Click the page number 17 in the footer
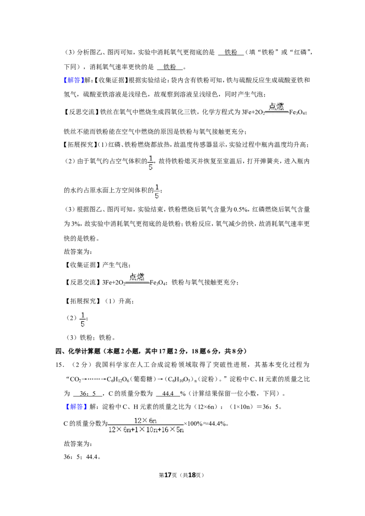point(168,475)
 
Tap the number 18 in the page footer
point(192,475)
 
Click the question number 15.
point(59,365)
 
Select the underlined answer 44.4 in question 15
point(168,393)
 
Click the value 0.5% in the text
point(240,209)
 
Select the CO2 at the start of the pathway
point(75,379)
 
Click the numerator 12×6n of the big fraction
point(145,420)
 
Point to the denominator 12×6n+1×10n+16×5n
point(146,429)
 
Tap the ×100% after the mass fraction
point(193,423)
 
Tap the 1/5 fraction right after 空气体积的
point(151,163)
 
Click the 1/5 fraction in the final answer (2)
point(83,320)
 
